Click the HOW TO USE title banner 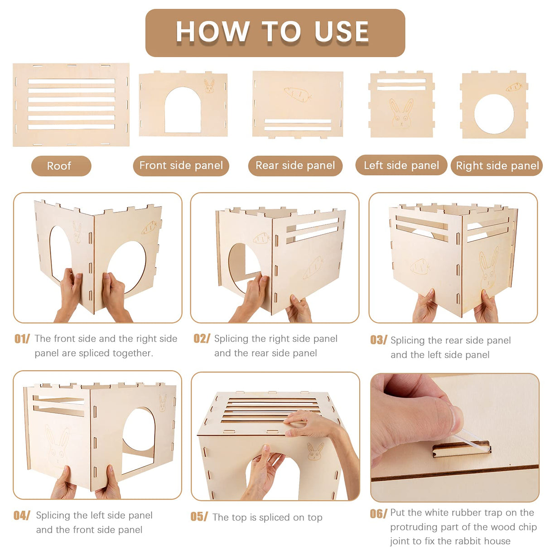275,33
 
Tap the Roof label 61,166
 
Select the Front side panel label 181,165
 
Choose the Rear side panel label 295,165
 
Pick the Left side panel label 401,165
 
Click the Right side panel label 497,165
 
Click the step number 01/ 22,339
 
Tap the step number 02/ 202,338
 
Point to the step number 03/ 378,340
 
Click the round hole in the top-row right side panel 494,114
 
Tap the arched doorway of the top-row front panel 183,110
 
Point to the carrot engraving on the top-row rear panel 298,94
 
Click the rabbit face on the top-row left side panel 401,113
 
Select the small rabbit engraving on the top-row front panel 209,86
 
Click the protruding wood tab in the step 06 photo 462,449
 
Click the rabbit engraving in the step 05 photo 315,451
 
